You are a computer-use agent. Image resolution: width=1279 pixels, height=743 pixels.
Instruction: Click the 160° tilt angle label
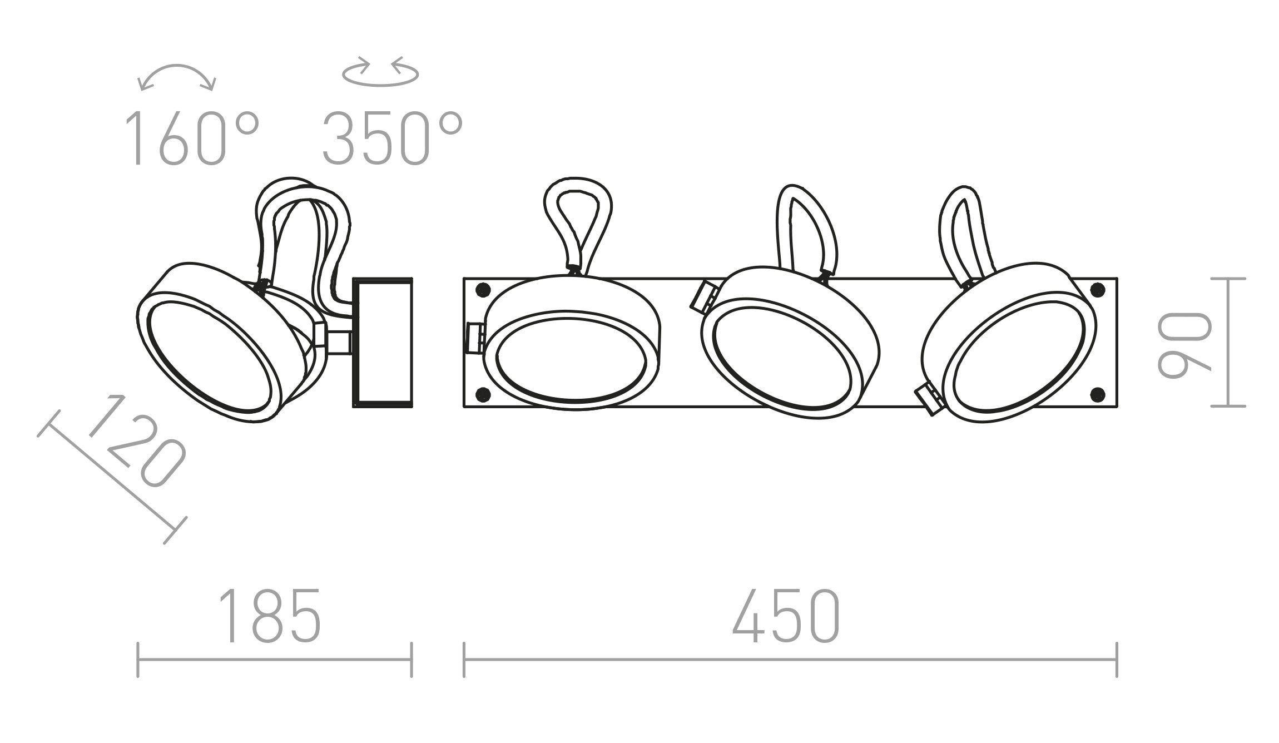[191, 138]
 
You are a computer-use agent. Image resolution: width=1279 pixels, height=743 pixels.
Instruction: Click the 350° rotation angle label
[392, 138]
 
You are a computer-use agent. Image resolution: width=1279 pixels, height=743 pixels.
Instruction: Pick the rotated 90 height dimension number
[1184, 345]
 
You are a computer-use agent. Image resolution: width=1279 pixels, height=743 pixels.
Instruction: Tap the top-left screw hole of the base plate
[483, 289]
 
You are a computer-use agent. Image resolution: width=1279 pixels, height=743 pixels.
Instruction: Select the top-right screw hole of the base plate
[1097, 289]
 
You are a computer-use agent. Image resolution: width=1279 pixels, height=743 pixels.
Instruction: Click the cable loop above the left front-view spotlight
[578, 222]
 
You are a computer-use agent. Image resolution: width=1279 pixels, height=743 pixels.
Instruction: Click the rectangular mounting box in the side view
[383, 342]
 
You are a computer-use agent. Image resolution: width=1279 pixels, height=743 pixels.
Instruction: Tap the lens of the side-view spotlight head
[211, 356]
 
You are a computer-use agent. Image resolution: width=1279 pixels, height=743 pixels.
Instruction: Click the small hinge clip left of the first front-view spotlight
[474, 338]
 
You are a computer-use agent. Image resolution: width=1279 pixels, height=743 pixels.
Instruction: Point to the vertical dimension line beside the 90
[1228, 342]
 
